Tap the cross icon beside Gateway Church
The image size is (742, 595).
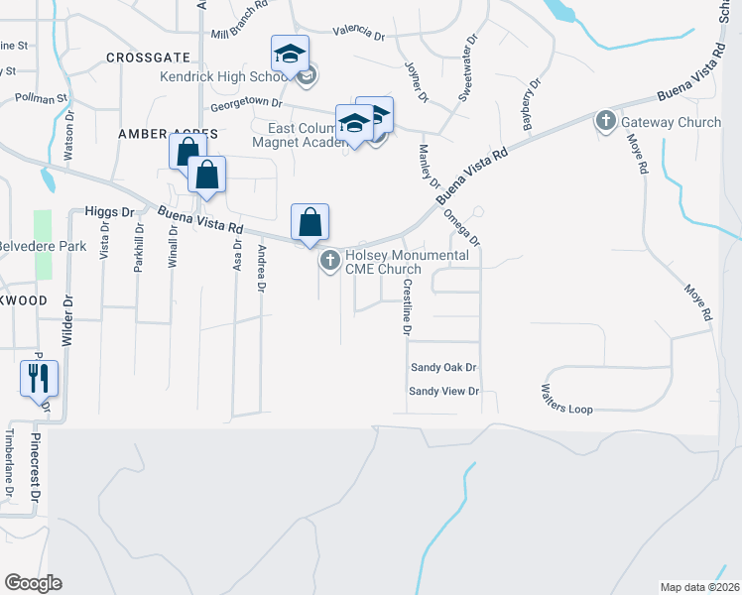tap(606, 122)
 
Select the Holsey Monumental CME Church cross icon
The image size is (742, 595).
tap(329, 262)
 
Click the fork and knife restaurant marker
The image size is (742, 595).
tap(39, 378)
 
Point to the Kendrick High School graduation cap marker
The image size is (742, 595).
tap(290, 53)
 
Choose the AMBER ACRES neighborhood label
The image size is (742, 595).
tap(160, 133)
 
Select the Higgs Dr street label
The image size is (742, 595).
tap(109, 211)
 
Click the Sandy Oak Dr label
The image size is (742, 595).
tap(444, 367)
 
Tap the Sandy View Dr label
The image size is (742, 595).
tap(444, 392)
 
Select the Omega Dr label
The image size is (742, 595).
tap(462, 227)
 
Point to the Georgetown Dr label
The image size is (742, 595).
tap(246, 103)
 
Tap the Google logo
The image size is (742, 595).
tap(33, 582)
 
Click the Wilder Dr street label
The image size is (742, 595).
tap(68, 318)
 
